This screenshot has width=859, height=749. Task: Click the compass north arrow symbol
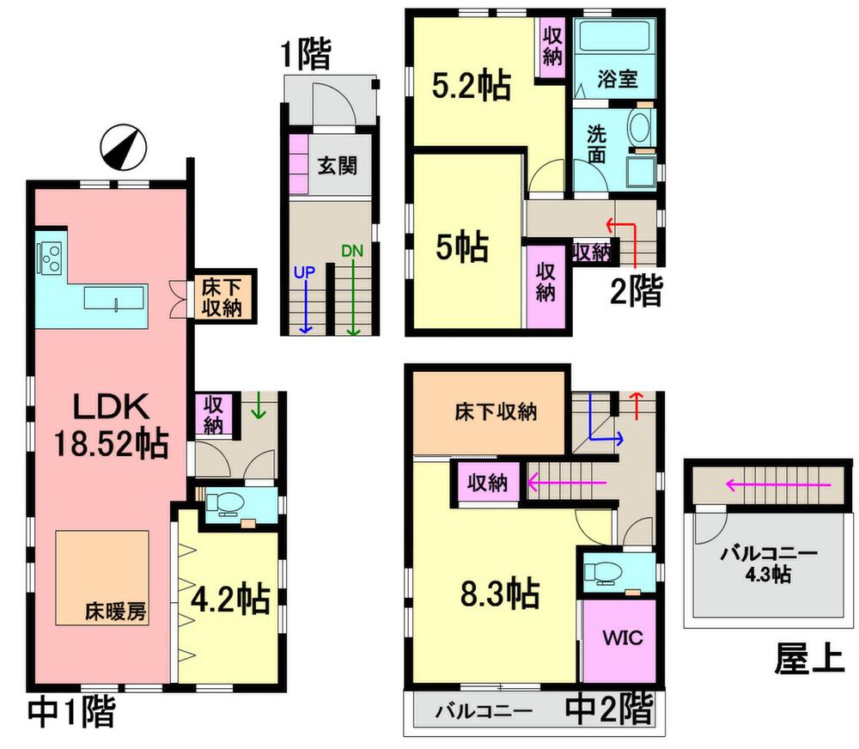124,148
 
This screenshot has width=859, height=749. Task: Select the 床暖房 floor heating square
103,577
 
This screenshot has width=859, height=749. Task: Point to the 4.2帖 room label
231,600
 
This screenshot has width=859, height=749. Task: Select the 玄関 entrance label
338,166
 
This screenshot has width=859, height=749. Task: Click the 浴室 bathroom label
618,79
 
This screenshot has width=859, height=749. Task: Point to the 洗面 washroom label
597,144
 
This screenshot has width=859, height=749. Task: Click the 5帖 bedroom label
462,247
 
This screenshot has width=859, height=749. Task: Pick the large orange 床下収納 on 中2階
490,412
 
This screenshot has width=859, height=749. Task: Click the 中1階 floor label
71,712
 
